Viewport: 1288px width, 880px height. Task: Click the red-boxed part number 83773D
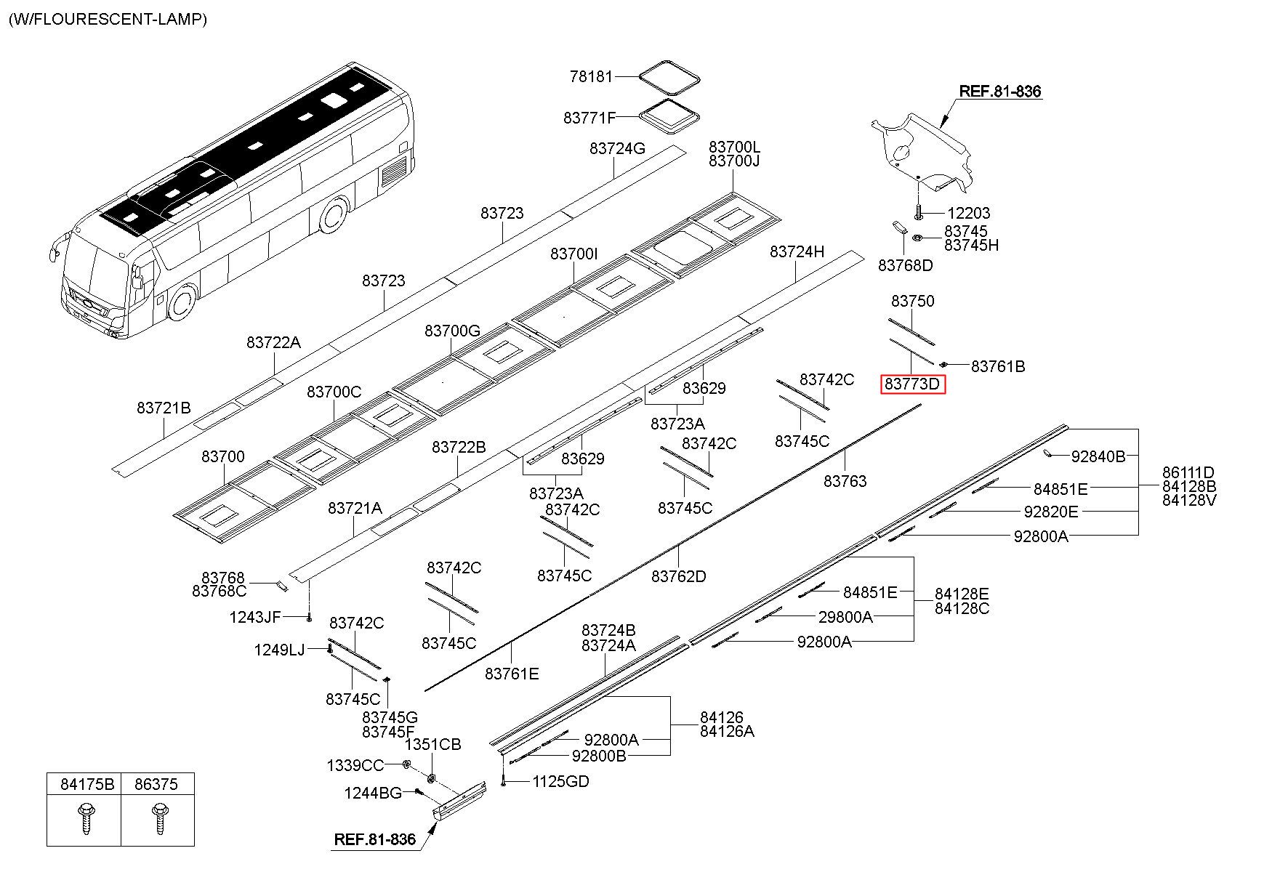[x=912, y=384]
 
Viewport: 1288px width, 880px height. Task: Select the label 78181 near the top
[x=592, y=76]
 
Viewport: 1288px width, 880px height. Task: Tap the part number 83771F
[x=589, y=118]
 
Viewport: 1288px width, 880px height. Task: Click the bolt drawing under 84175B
[x=84, y=817]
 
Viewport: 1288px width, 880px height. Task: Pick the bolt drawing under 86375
[x=158, y=817]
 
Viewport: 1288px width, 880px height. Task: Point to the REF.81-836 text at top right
[x=1000, y=92]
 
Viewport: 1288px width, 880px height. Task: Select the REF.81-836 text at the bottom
[x=375, y=839]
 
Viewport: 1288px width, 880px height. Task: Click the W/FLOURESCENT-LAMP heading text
[x=108, y=19]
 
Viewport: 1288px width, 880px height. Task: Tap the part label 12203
[x=969, y=213]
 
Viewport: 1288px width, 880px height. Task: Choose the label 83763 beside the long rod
[x=845, y=481]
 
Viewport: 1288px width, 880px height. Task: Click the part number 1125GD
[x=560, y=781]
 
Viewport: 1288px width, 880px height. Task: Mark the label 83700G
[x=453, y=331]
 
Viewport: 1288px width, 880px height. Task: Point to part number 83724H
[x=797, y=252]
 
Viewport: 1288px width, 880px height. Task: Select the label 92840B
[x=1098, y=456]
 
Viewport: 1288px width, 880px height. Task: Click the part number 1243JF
[x=255, y=617]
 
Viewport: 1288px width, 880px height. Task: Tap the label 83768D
[x=906, y=265]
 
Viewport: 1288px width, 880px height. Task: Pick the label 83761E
[x=512, y=674]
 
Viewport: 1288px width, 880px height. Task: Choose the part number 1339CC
[x=355, y=765]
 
